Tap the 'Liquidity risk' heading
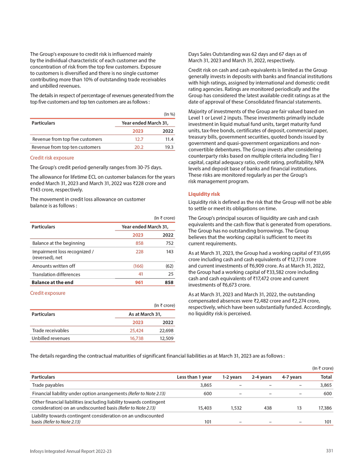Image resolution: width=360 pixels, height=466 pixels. coord(203,194)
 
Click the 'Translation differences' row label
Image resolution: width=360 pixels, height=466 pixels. coord(56,274)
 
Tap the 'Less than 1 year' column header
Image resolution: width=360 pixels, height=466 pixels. coord(194,376)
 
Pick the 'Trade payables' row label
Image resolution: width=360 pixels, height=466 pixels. coord(48,385)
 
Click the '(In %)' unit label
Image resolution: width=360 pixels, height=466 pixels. coord(169,114)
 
